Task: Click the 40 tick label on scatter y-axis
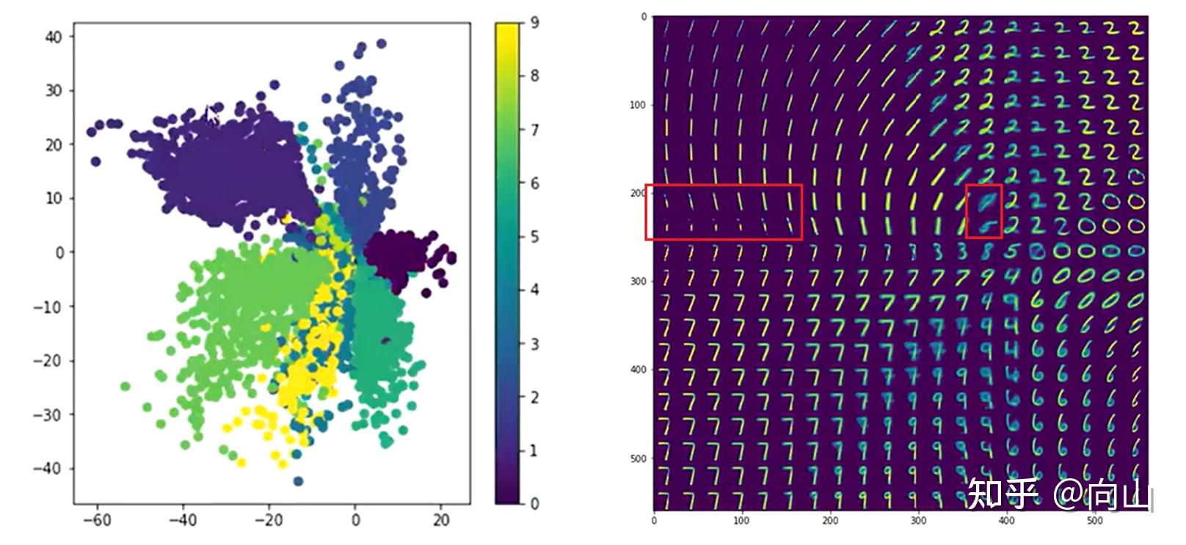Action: point(54,36)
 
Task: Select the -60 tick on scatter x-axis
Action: point(96,520)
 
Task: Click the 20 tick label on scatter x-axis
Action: point(440,520)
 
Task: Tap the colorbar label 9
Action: point(535,23)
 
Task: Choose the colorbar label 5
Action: point(535,237)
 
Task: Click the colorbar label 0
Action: point(535,503)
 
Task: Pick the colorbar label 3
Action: point(535,344)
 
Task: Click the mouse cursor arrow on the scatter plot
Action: point(211,115)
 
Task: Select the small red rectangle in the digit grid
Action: point(984,211)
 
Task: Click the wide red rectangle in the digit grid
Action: point(724,212)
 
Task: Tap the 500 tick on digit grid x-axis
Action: point(1094,521)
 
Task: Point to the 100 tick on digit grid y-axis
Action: point(637,105)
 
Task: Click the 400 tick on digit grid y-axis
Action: point(637,370)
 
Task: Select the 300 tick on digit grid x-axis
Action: point(918,521)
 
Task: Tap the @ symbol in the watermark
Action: point(1069,494)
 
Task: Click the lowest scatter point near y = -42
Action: point(298,481)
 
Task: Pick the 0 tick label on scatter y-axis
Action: point(59,252)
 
